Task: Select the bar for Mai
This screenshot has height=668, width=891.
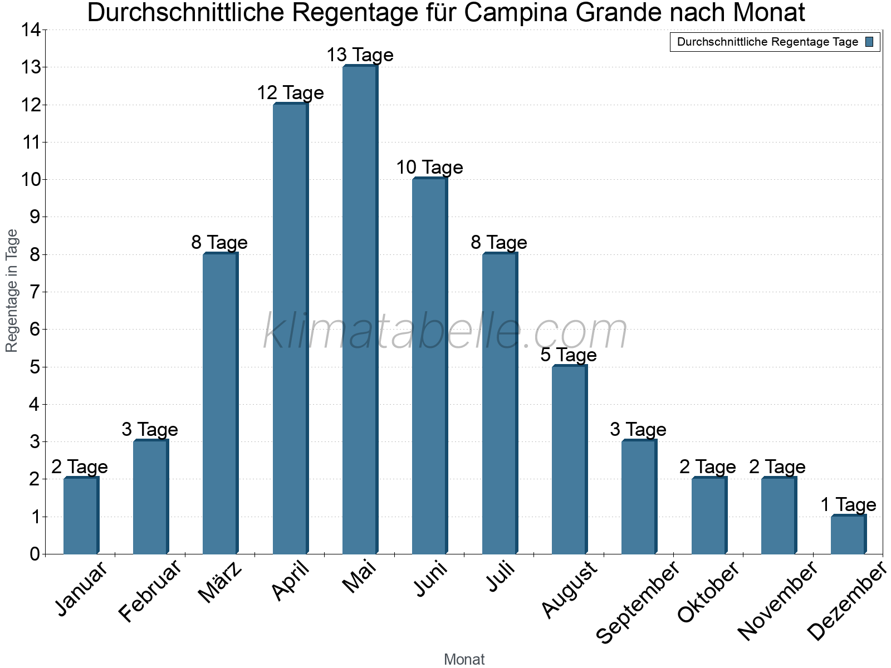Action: pos(360,310)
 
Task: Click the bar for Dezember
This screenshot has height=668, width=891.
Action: pos(848,534)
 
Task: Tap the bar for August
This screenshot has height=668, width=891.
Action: pos(569,459)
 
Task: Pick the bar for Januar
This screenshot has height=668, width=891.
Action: pos(81,515)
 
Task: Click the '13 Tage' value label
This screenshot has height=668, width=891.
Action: pos(360,55)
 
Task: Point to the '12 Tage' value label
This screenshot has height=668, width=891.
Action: pos(290,92)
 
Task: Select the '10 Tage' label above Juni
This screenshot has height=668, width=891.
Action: pos(429,167)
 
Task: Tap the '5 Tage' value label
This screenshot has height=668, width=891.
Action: pos(569,355)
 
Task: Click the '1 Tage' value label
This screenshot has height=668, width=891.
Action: pos(848,504)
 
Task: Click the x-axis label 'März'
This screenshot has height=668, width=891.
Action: pos(221,583)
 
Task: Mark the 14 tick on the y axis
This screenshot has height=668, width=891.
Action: pos(31,30)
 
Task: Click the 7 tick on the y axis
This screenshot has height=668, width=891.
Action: pos(35,292)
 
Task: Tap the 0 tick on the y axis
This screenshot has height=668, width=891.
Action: pos(35,554)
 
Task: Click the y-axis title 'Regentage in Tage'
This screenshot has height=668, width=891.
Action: pos(12,291)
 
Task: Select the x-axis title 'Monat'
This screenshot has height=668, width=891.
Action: pos(464,659)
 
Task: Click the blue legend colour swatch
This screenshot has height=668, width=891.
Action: pos(869,42)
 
